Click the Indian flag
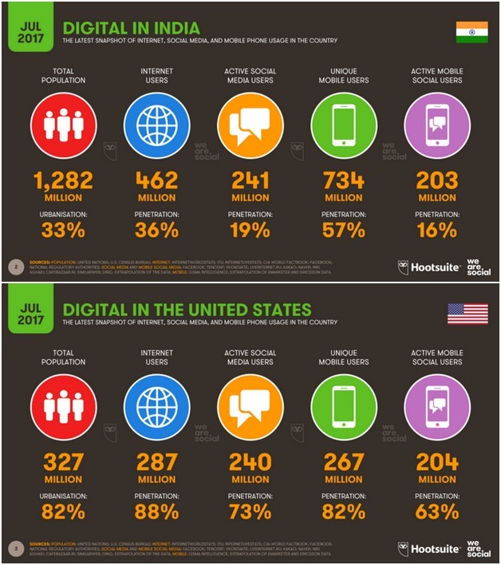(471, 32)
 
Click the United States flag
(467, 313)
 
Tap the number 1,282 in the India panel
(63, 180)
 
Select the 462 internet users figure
(156, 180)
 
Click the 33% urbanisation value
(63, 231)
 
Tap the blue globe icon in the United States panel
(156, 406)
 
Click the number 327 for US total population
(63, 462)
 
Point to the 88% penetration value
(156, 512)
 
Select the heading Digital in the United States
(187, 308)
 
